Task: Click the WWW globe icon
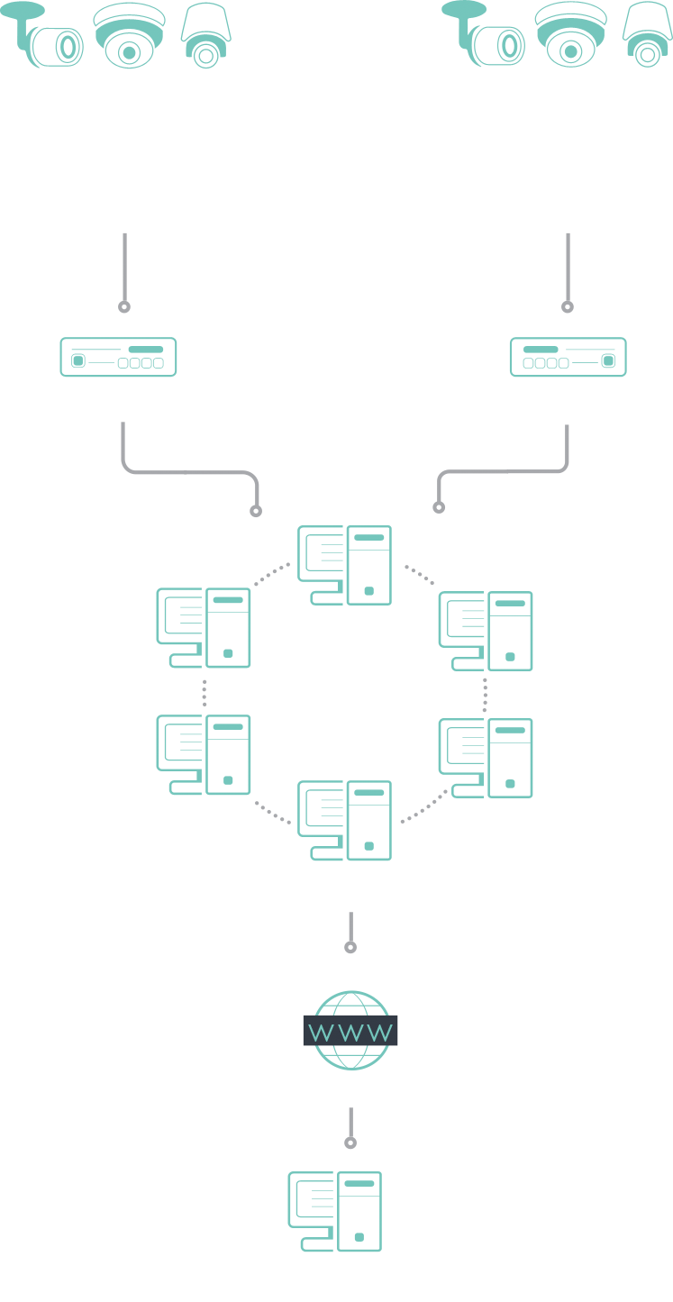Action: tap(350, 1030)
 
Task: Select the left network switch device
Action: tap(119, 357)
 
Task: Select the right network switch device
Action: tap(568, 357)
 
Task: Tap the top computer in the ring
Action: tap(345, 565)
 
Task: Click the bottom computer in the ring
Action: tap(345, 820)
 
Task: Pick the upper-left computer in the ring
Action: tap(204, 628)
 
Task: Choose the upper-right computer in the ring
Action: tap(486, 632)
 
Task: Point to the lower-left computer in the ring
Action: tap(204, 754)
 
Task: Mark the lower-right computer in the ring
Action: tap(486, 758)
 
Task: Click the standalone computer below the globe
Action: tap(335, 1211)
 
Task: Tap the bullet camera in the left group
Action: tap(41, 35)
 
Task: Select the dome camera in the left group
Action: tap(129, 36)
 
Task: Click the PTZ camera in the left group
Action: tap(205, 36)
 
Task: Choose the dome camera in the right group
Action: tap(570, 35)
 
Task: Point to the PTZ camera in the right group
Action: tap(648, 35)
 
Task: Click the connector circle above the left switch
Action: tap(124, 307)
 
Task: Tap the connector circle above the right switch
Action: tap(568, 307)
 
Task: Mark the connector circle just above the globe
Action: tap(350, 947)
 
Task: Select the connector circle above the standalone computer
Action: tap(350, 1143)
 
